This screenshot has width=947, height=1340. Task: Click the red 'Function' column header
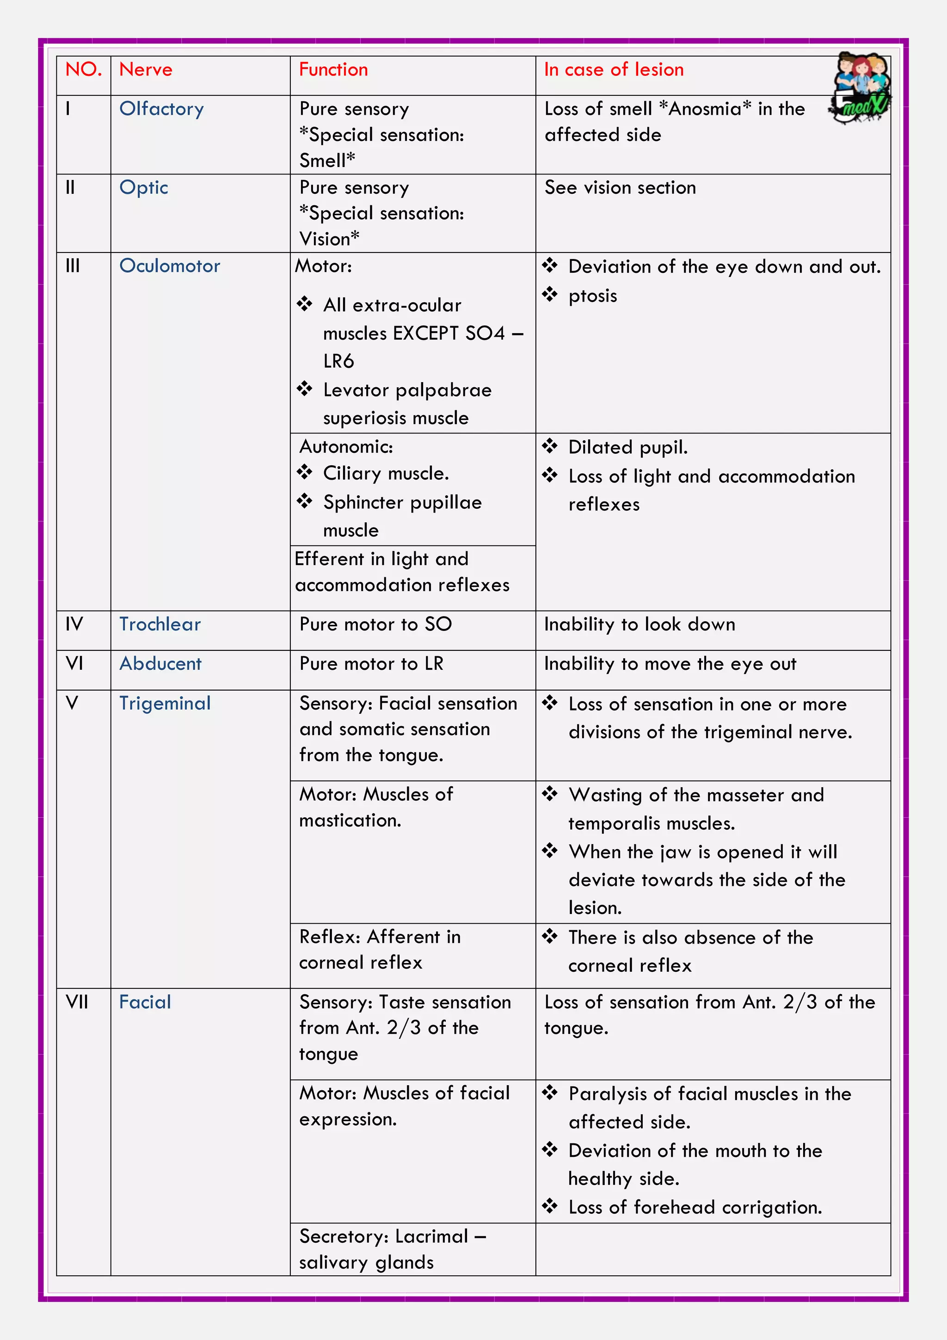coord(333,70)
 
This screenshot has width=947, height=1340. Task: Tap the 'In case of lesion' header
coord(613,70)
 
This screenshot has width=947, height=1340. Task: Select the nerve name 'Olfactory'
coord(162,109)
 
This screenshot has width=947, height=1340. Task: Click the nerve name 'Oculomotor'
coord(170,266)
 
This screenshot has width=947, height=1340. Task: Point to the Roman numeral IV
coord(74,624)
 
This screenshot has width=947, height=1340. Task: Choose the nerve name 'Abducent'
coord(160,664)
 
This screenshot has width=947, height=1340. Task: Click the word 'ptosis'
coord(592,296)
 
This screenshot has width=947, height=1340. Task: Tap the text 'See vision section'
coord(620,188)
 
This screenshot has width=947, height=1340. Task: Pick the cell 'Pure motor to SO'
coord(375,624)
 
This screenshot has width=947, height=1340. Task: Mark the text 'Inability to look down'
coord(639,624)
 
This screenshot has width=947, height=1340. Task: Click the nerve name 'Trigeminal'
coord(165,703)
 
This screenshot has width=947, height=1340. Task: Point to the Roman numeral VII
coord(76,1002)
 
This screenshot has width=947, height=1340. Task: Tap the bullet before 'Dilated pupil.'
coord(550,446)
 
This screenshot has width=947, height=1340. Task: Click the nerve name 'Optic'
coord(143,188)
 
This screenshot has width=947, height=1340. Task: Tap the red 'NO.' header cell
coord(83,70)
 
